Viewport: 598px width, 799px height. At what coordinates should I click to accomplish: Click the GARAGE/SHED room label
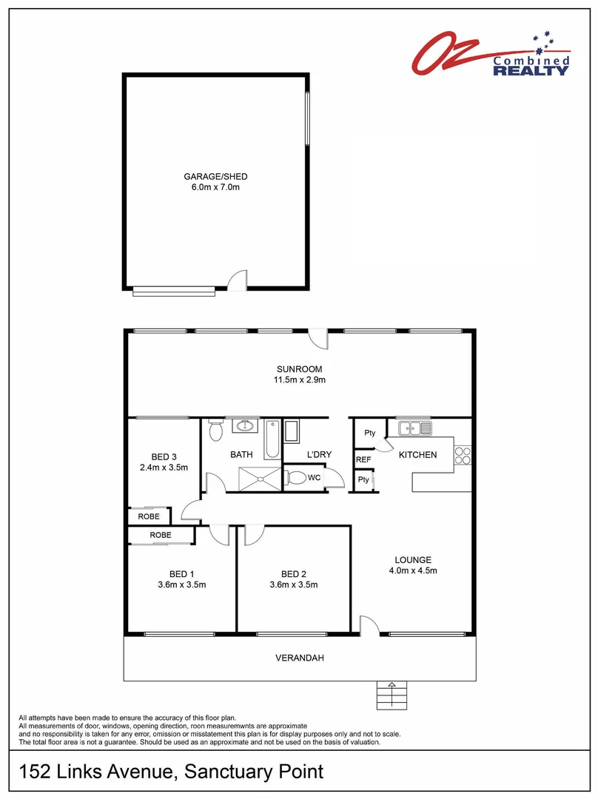215,177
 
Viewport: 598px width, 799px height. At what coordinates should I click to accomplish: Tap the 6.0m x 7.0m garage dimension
215,188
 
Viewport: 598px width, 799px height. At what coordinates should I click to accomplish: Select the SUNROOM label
300,369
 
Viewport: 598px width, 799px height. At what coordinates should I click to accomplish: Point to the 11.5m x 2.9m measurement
300,380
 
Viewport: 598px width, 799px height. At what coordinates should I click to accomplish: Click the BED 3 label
163,456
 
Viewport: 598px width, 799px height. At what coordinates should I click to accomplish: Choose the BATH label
241,455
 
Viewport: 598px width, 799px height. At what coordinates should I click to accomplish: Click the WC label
315,478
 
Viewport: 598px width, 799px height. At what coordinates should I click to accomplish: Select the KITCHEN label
417,455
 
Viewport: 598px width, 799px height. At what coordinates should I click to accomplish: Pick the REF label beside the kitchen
363,460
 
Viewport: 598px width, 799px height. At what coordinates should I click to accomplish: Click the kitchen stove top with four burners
463,455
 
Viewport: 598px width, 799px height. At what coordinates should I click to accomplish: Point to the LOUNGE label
413,560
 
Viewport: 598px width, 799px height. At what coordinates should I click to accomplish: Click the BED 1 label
182,574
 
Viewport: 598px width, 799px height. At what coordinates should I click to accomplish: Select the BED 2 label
294,574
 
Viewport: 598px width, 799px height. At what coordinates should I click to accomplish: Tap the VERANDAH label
300,658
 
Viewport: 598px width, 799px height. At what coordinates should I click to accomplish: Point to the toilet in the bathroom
215,430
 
